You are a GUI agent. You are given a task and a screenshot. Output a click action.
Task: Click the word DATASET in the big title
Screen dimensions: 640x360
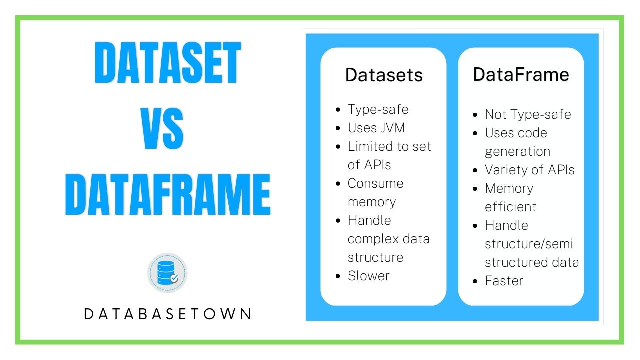(168, 63)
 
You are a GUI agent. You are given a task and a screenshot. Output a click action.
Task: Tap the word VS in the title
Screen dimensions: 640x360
(162, 128)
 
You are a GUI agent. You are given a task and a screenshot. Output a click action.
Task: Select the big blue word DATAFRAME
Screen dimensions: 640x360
(168, 194)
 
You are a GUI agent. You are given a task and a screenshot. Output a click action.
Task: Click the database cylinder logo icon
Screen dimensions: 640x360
(167, 273)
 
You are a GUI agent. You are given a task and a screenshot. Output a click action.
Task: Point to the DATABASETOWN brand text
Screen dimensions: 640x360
(168, 314)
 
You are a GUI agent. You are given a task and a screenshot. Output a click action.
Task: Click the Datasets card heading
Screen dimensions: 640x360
(384, 75)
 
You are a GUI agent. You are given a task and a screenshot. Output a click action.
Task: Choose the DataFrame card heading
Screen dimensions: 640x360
(521, 75)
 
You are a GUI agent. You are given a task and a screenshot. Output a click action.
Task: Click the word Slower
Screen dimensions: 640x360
(369, 276)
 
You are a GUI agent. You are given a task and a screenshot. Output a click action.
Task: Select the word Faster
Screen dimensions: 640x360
(504, 281)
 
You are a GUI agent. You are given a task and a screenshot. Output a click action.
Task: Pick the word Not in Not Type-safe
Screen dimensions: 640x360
(495, 114)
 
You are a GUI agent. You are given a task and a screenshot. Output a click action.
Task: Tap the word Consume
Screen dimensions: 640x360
(375, 183)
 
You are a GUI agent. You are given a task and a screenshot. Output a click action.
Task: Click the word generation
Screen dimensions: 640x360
(517, 152)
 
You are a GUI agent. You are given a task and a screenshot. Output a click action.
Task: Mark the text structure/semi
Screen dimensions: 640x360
(529, 244)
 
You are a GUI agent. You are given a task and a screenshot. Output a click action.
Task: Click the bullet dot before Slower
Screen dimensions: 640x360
(338, 276)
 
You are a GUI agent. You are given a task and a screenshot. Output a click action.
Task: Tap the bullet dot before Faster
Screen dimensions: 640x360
(475, 281)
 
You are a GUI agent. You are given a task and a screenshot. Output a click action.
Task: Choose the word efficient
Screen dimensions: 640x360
(511, 207)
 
